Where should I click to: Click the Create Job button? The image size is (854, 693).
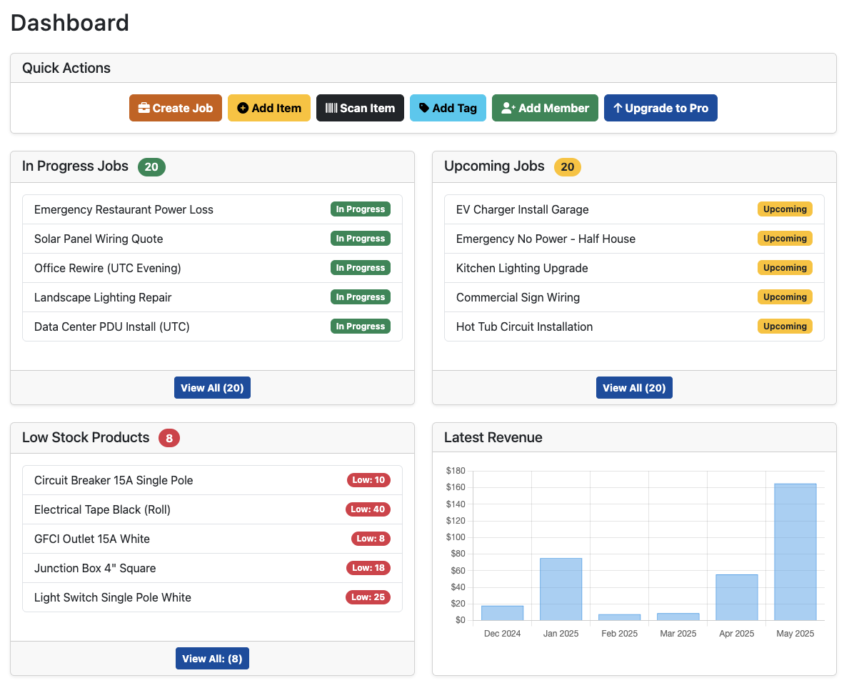pyautogui.click(x=176, y=108)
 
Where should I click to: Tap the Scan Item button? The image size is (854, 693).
pyautogui.click(x=360, y=108)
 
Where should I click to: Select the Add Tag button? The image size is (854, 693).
pyautogui.click(x=448, y=108)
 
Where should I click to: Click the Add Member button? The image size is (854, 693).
pyautogui.click(x=545, y=108)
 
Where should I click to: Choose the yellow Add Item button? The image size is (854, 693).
pyautogui.click(x=269, y=108)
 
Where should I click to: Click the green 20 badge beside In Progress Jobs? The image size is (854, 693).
pyautogui.click(x=151, y=167)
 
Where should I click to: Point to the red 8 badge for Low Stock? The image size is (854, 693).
pyautogui.click(x=169, y=438)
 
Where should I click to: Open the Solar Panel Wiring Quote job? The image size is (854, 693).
pyautogui.click(x=99, y=239)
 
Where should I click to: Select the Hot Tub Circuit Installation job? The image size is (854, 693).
pyautogui.click(x=524, y=326)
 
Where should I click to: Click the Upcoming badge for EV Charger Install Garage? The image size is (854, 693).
pyautogui.click(x=785, y=209)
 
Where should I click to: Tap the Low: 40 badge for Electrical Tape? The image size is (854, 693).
pyautogui.click(x=368, y=509)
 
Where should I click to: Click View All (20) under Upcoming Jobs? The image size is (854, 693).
pyautogui.click(x=634, y=388)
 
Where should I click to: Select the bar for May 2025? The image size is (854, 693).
pyautogui.click(x=795, y=552)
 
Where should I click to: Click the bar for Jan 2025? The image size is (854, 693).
pyautogui.click(x=561, y=589)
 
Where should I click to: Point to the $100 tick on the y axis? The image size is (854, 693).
pyautogui.click(x=456, y=537)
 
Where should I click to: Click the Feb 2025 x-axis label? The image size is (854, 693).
pyautogui.click(x=619, y=634)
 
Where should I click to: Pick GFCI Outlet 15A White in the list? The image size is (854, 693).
pyautogui.click(x=92, y=539)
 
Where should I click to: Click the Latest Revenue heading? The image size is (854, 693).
pyautogui.click(x=493, y=437)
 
